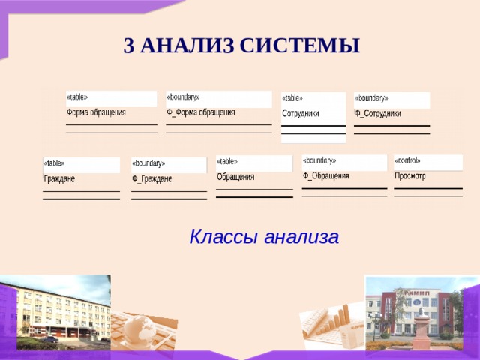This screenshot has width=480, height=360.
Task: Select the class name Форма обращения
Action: [x=96, y=112]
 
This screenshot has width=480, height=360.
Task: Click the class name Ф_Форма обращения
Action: [x=200, y=112]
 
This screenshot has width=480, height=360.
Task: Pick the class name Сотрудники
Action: [x=301, y=113]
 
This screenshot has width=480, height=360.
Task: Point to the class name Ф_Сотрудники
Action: [x=378, y=113]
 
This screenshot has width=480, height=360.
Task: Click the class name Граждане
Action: [x=59, y=179]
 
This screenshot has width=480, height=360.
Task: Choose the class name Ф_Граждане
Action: [x=151, y=179]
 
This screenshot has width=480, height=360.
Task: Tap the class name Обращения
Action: [x=235, y=177]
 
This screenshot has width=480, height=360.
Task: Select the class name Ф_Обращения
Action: [x=326, y=176]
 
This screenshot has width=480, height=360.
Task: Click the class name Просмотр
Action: [x=410, y=176]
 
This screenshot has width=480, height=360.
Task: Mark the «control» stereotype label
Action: [x=407, y=160]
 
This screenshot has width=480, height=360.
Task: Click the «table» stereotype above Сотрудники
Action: [x=292, y=97]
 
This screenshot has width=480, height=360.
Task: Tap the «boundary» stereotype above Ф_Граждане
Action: [x=148, y=163]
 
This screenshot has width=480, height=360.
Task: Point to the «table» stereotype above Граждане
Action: [x=54, y=163]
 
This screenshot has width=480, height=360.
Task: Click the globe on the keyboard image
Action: [x=140, y=328]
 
